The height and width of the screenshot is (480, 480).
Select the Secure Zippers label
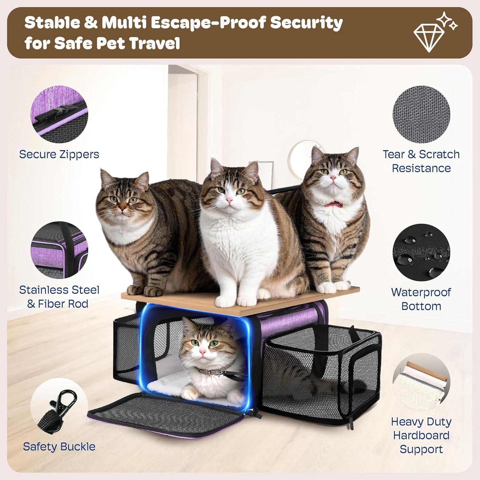click(x=59, y=154)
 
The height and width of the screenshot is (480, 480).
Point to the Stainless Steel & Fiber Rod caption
click(x=59, y=297)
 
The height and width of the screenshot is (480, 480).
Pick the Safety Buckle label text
click(x=59, y=446)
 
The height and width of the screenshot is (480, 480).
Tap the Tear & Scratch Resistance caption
click(x=421, y=161)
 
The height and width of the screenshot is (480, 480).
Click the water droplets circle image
click(x=421, y=253)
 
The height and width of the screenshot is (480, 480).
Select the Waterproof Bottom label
click(x=421, y=299)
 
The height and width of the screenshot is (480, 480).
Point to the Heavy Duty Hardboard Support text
click(x=421, y=435)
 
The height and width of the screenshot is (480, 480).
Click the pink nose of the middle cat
click(x=229, y=200)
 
